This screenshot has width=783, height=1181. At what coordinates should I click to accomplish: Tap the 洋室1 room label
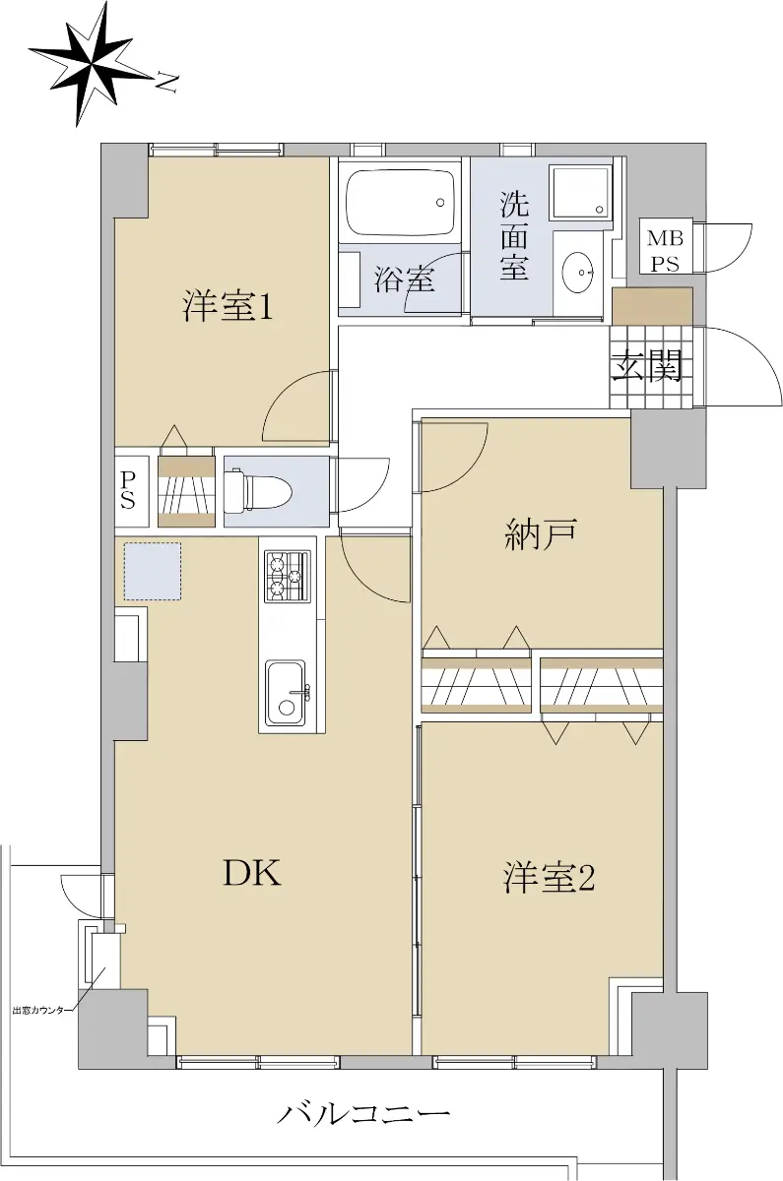point(228,307)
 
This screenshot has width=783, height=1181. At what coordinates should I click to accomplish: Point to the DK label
point(252,873)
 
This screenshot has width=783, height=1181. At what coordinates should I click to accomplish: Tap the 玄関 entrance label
point(647,364)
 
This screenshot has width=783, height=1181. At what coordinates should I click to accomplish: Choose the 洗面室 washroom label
point(514,235)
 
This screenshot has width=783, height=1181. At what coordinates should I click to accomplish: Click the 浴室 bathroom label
point(405,279)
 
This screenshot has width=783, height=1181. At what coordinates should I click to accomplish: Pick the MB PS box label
point(665,250)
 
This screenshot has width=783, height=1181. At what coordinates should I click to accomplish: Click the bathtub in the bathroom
point(400,204)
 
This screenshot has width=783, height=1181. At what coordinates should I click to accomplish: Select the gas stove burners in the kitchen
point(288,577)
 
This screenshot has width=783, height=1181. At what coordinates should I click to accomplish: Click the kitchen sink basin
point(286,693)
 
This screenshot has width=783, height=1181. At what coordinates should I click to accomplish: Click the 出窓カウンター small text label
point(40,1010)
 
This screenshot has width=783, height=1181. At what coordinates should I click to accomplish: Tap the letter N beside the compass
point(166,83)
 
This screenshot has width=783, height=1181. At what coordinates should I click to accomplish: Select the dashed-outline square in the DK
point(153,572)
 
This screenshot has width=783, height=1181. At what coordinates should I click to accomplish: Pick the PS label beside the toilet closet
point(128,490)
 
